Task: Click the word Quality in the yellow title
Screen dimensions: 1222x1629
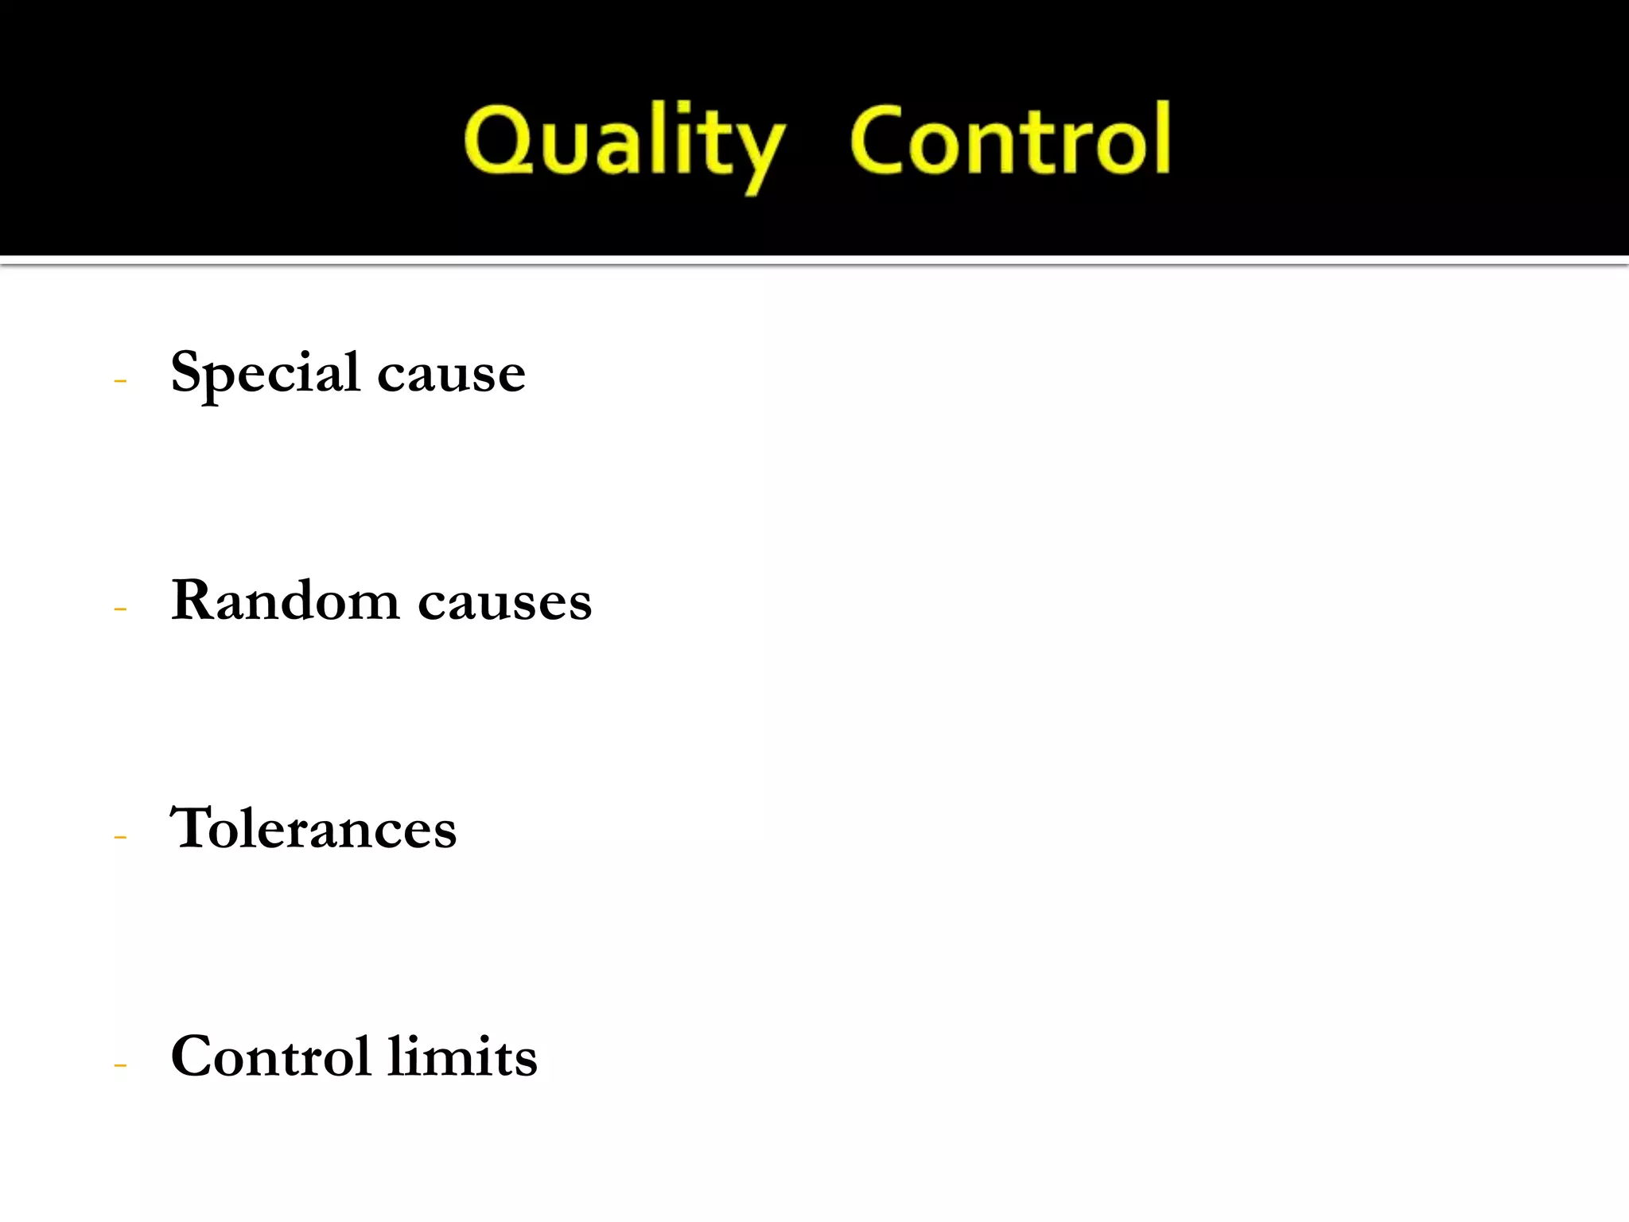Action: coord(624,142)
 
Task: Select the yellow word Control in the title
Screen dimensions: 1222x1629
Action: coord(1010,140)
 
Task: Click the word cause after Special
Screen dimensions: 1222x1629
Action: coord(451,374)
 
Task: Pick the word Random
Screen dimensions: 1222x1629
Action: coord(285,600)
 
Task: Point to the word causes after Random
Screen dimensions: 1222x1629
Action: coord(504,602)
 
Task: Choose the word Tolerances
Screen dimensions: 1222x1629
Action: coord(313,828)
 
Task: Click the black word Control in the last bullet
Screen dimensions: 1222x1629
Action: coord(270,1057)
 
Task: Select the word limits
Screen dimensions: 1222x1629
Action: coord(462,1057)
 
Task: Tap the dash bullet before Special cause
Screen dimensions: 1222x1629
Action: coord(120,381)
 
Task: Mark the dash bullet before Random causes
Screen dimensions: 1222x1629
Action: coord(120,609)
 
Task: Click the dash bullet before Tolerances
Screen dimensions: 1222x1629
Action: coord(120,837)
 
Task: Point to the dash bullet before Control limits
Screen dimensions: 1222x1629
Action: coord(120,1065)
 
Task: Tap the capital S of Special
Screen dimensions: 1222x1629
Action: coord(189,371)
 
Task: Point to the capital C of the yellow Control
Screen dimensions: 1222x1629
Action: coord(878,139)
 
